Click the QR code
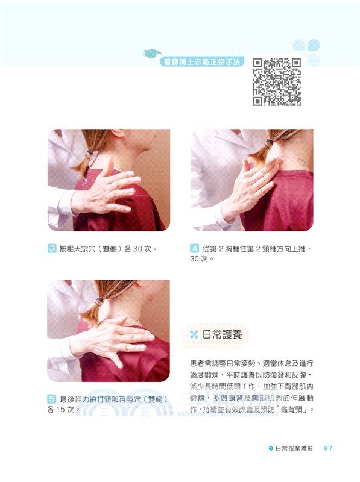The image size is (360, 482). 276,81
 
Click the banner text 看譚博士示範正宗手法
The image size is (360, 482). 203,61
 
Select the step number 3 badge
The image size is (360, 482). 52,248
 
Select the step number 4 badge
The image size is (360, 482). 195,248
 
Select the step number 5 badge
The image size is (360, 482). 52,399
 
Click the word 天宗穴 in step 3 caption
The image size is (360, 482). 89,248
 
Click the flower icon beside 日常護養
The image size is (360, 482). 194,334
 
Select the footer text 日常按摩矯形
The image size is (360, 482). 293,448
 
